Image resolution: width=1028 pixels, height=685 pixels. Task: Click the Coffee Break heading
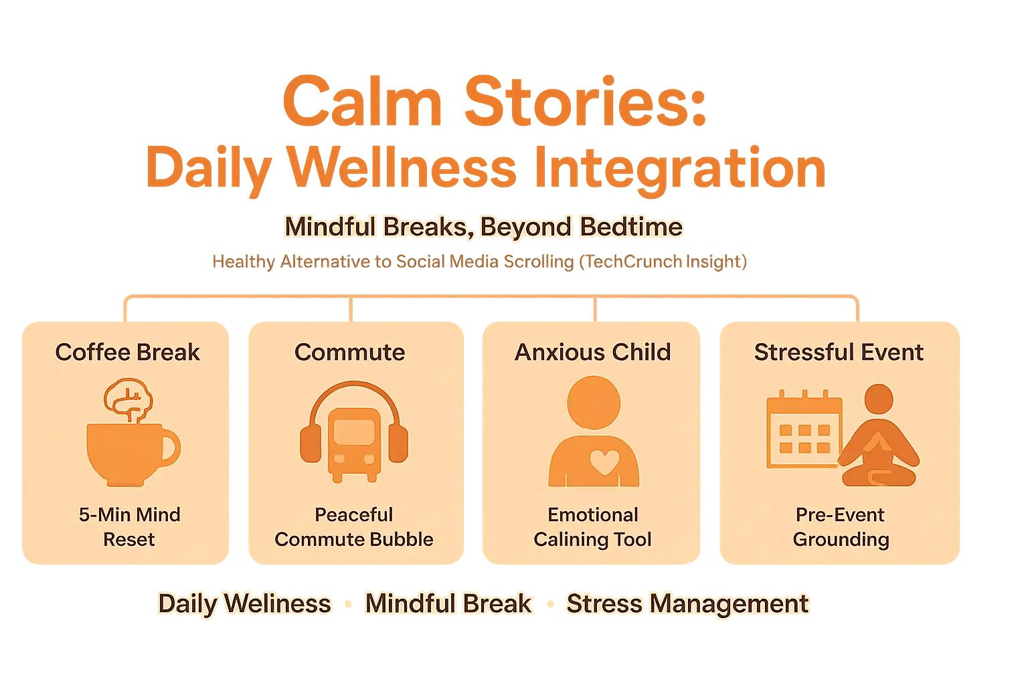(127, 352)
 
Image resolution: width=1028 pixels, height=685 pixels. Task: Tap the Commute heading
(349, 352)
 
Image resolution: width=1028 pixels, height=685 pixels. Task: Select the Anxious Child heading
(592, 352)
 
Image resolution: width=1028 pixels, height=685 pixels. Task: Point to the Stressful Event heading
(839, 352)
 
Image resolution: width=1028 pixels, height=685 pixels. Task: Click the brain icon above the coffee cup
(128, 400)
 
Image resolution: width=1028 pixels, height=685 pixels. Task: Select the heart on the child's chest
(604, 462)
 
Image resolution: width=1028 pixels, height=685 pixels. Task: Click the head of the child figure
(594, 402)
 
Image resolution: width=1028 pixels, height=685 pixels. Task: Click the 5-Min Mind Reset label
(129, 526)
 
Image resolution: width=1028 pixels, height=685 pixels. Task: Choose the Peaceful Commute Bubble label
(354, 526)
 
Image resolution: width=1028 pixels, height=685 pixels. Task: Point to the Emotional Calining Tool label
(592, 526)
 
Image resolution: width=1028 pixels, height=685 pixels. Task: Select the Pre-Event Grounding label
(841, 526)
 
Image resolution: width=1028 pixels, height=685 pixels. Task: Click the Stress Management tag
(687, 603)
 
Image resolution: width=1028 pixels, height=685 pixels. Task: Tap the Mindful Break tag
(448, 603)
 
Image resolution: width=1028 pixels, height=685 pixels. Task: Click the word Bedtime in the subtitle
(631, 227)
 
